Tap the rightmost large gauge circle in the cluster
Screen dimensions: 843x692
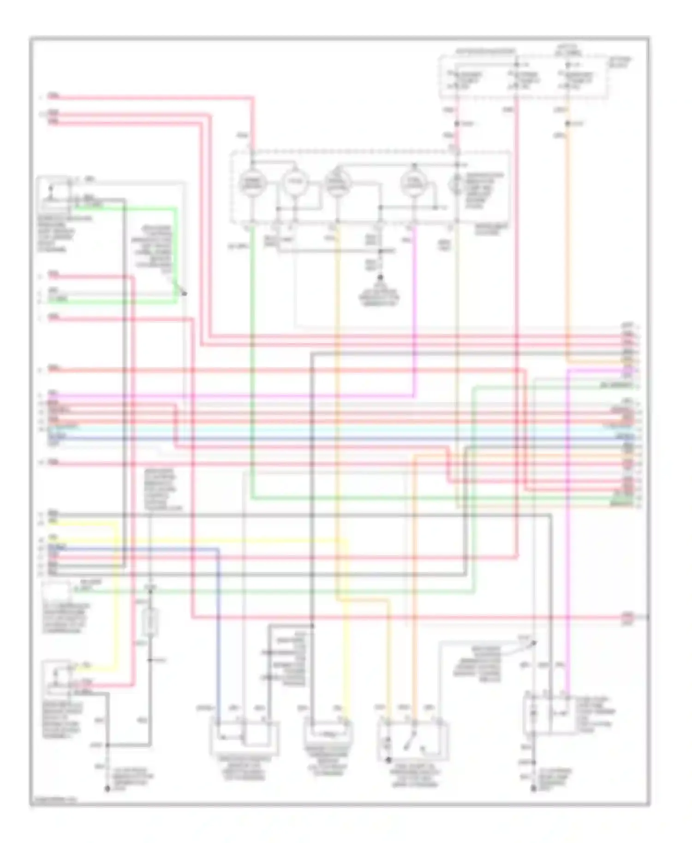(413, 184)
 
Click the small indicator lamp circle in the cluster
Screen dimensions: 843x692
(456, 184)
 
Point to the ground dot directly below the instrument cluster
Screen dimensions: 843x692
(381, 278)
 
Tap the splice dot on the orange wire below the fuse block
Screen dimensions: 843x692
(568, 124)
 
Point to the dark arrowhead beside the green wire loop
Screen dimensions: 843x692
(184, 293)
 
